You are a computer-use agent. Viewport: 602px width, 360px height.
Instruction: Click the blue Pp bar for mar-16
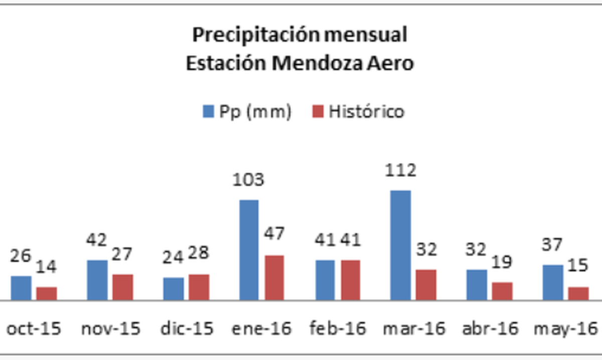tap(400, 245)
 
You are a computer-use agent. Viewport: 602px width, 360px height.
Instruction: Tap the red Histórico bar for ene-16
tap(274, 278)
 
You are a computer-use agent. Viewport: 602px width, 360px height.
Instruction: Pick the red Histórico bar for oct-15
tap(47, 293)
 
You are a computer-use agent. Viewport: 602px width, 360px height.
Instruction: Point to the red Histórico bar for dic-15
tap(199, 287)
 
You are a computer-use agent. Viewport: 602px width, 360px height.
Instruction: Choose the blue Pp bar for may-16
tap(553, 282)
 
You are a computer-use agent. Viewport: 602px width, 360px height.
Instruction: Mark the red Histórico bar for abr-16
tap(502, 291)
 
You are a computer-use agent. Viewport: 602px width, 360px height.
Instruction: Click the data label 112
tap(400, 171)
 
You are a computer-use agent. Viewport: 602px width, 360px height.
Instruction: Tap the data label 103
tap(248, 180)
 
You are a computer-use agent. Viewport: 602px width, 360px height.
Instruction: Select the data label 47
tap(274, 234)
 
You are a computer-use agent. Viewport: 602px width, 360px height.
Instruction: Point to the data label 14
tap(46, 266)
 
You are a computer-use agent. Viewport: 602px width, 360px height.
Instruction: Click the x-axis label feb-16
tap(338, 329)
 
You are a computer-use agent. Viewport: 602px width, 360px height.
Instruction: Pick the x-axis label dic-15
tap(187, 329)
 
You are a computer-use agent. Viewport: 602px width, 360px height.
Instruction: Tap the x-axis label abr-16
tap(490, 329)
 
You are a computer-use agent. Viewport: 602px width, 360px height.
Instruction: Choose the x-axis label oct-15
tap(34, 329)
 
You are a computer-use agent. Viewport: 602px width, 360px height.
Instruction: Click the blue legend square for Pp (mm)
tap(208, 111)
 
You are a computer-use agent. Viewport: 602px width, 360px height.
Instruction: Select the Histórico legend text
tap(366, 111)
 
